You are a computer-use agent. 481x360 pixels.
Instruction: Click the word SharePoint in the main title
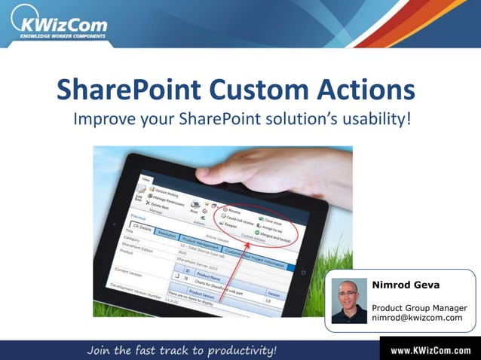tap(128, 90)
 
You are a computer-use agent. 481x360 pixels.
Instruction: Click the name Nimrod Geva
tap(406, 285)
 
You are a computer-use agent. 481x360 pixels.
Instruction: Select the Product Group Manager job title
tap(419, 307)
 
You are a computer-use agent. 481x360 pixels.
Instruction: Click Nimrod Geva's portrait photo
tap(349, 300)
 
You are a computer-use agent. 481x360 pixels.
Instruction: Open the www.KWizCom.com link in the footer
tap(430, 350)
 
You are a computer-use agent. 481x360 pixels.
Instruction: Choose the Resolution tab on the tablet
tap(167, 235)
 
